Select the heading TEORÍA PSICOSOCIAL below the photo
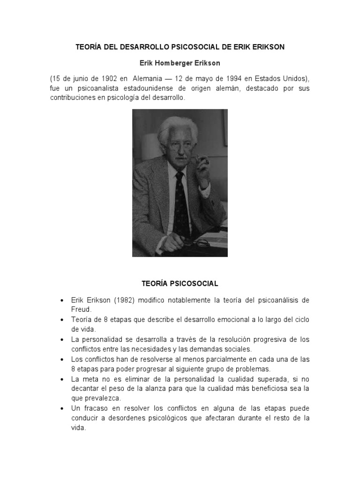[180, 284]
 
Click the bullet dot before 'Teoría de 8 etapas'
[62, 320]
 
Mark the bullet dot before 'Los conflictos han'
[62, 359]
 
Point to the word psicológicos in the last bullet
[169, 418]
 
